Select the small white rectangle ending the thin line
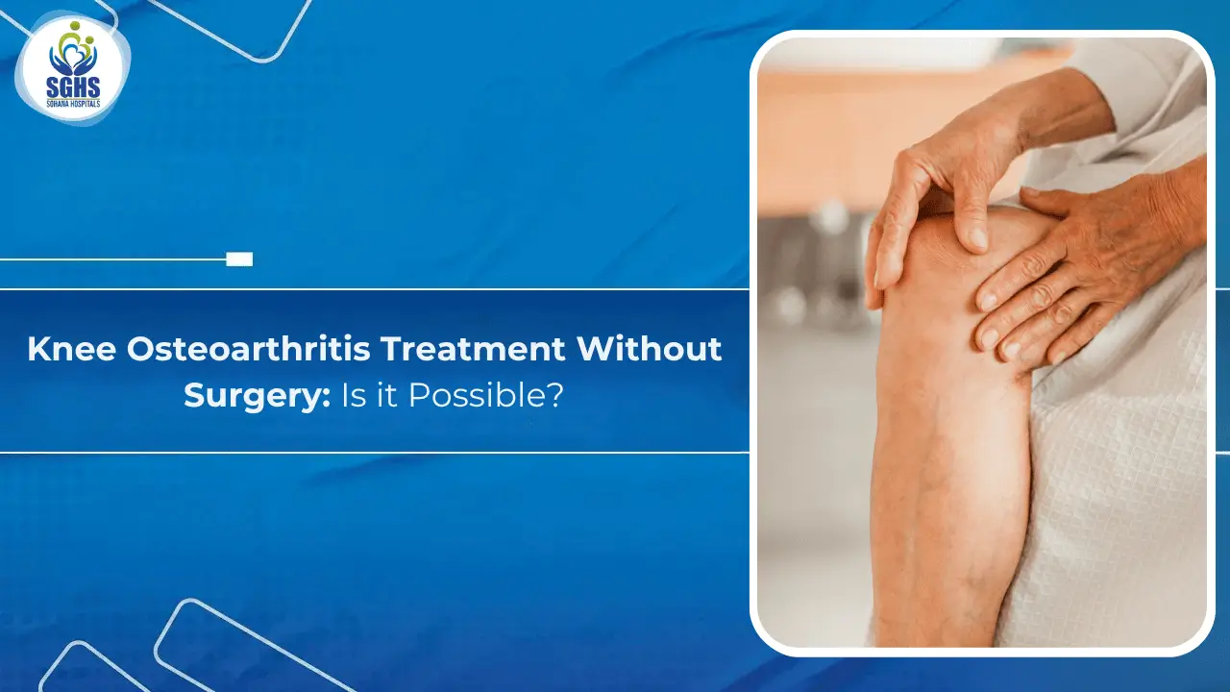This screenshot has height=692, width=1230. coord(239,259)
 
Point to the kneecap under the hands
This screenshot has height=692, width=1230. coord(951,259)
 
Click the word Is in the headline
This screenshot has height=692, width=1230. coord(354,396)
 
